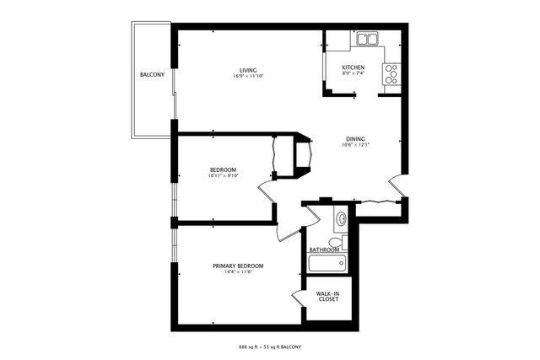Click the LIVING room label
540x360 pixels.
tap(247, 70)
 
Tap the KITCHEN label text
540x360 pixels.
tap(353, 67)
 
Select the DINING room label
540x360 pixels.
tap(355, 138)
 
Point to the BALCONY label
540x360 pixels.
tap(152, 75)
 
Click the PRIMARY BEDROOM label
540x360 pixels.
tap(238, 265)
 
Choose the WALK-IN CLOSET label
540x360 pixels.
tap(328, 296)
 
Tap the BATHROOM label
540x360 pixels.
tap(324, 250)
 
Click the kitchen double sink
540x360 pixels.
tap(367, 39)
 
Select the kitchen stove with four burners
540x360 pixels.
tap(391, 75)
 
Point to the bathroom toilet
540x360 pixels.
tap(336, 241)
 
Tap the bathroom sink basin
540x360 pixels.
tap(341, 220)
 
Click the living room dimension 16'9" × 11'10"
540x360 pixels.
tap(247, 77)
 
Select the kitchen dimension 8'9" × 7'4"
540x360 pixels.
tap(353, 74)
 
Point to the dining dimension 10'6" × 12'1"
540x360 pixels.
tap(355, 145)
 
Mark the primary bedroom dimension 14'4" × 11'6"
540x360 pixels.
tap(238, 271)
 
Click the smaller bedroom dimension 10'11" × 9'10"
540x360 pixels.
tap(224, 176)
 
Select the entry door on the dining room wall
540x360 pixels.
tap(395, 187)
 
